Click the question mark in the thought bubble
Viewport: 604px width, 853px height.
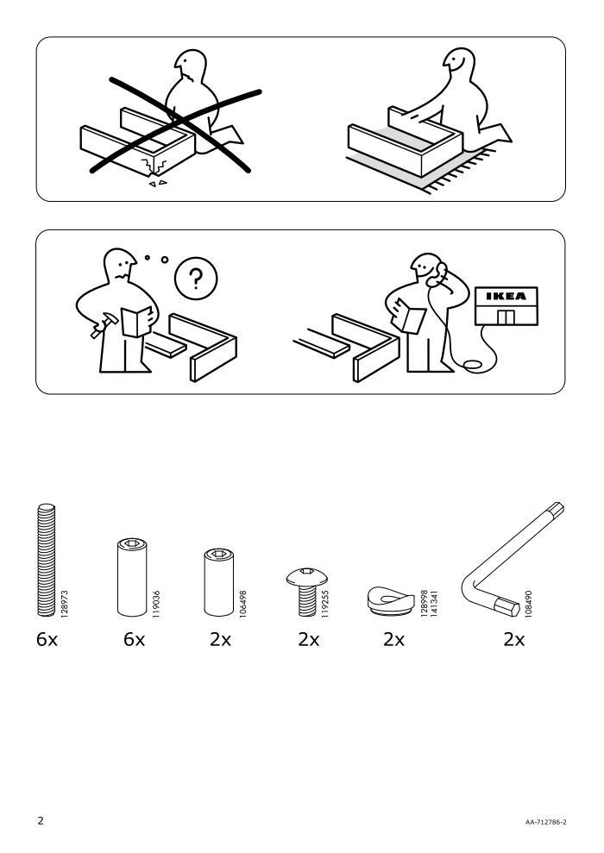coord(195,279)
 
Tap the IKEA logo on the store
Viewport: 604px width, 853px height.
coord(506,297)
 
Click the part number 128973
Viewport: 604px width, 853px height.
coord(64,603)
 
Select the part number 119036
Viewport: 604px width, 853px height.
coord(156,603)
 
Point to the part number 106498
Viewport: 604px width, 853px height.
coord(242,603)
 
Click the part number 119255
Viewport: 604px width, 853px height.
coord(324,603)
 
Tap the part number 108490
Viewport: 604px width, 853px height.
coord(528,603)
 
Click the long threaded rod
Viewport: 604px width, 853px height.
coord(47,560)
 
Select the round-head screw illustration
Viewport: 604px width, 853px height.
coord(307,592)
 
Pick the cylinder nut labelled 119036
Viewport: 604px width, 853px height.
coord(132,577)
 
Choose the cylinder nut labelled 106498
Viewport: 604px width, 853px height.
coord(219,582)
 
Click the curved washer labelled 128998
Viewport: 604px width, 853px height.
coord(391,600)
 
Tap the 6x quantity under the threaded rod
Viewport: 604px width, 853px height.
coord(47,640)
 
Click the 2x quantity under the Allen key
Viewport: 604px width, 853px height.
coord(514,640)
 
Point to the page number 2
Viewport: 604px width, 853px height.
coord(41,820)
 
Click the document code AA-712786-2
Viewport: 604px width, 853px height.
coord(546,822)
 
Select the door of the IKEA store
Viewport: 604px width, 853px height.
coord(506,317)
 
